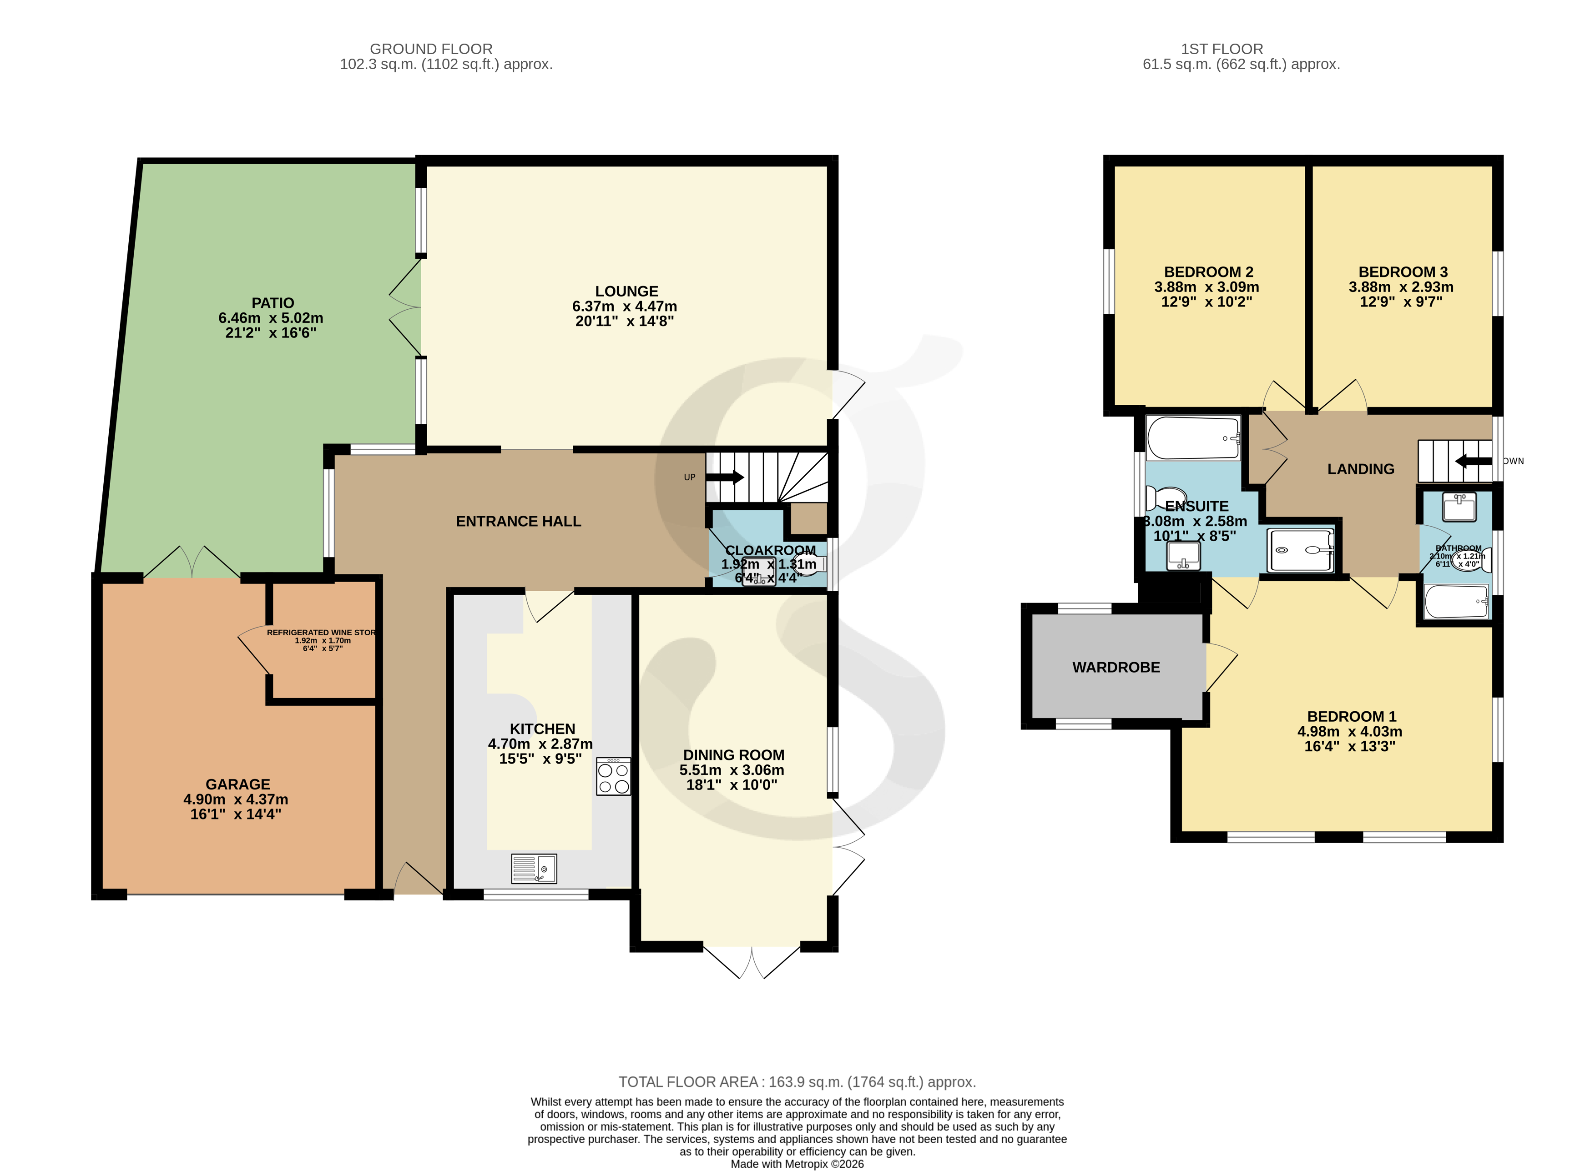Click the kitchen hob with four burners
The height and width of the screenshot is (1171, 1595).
(x=613, y=777)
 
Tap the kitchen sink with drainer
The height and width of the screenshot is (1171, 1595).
(x=533, y=868)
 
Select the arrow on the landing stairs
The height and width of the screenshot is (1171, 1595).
(x=1473, y=462)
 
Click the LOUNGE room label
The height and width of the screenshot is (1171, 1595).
(x=626, y=291)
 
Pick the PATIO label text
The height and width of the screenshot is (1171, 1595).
(x=273, y=303)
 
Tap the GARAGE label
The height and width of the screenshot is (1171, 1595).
(x=237, y=784)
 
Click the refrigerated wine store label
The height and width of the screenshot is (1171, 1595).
(x=321, y=632)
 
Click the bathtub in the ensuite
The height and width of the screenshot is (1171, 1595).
(x=1193, y=438)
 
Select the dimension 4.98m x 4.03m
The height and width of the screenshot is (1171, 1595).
(x=1349, y=732)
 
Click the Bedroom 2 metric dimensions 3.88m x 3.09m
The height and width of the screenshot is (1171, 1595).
(x=1206, y=287)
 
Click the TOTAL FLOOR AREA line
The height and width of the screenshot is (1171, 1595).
(x=797, y=1082)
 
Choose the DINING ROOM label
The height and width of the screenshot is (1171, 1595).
(x=733, y=755)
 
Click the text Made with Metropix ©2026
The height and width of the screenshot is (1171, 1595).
(x=797, y=1163)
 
